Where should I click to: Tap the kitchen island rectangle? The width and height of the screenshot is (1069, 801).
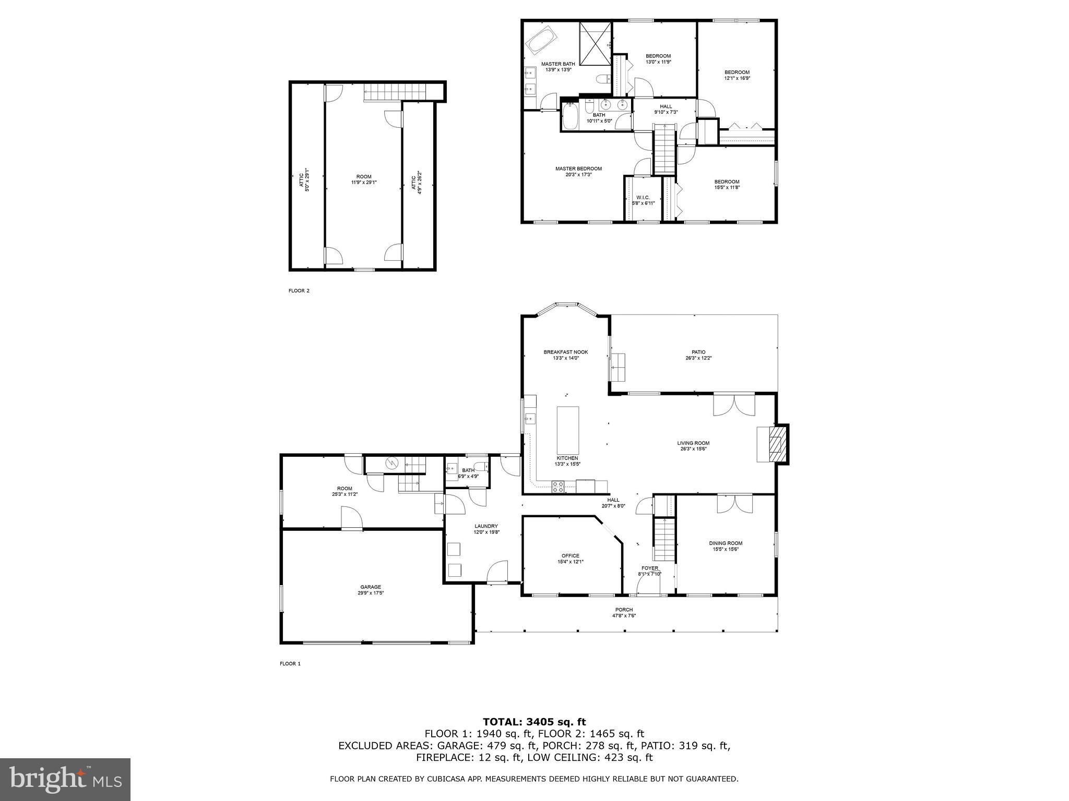[x=567, y=430]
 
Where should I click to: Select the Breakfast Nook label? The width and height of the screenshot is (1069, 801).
[x=565, y=352]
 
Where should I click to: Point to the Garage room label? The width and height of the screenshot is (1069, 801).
[x=370, y=587]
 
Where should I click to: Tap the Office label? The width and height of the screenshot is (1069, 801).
[x=570, y=555]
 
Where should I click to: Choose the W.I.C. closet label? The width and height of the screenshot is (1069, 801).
[x=643, y=197]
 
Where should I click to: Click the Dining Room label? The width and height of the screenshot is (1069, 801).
[x=725, y=543]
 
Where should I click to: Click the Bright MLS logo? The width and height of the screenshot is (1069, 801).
[x=65, y=779]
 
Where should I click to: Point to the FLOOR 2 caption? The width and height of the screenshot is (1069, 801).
[x=299, y=291]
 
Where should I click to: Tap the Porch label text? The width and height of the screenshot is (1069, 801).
[x=624, y=610]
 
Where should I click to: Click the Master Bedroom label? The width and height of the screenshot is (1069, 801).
[x=578, y=168]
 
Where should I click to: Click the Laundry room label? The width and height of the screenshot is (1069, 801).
[x=486, y=526]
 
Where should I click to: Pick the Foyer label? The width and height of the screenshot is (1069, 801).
[x=649, y=568]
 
